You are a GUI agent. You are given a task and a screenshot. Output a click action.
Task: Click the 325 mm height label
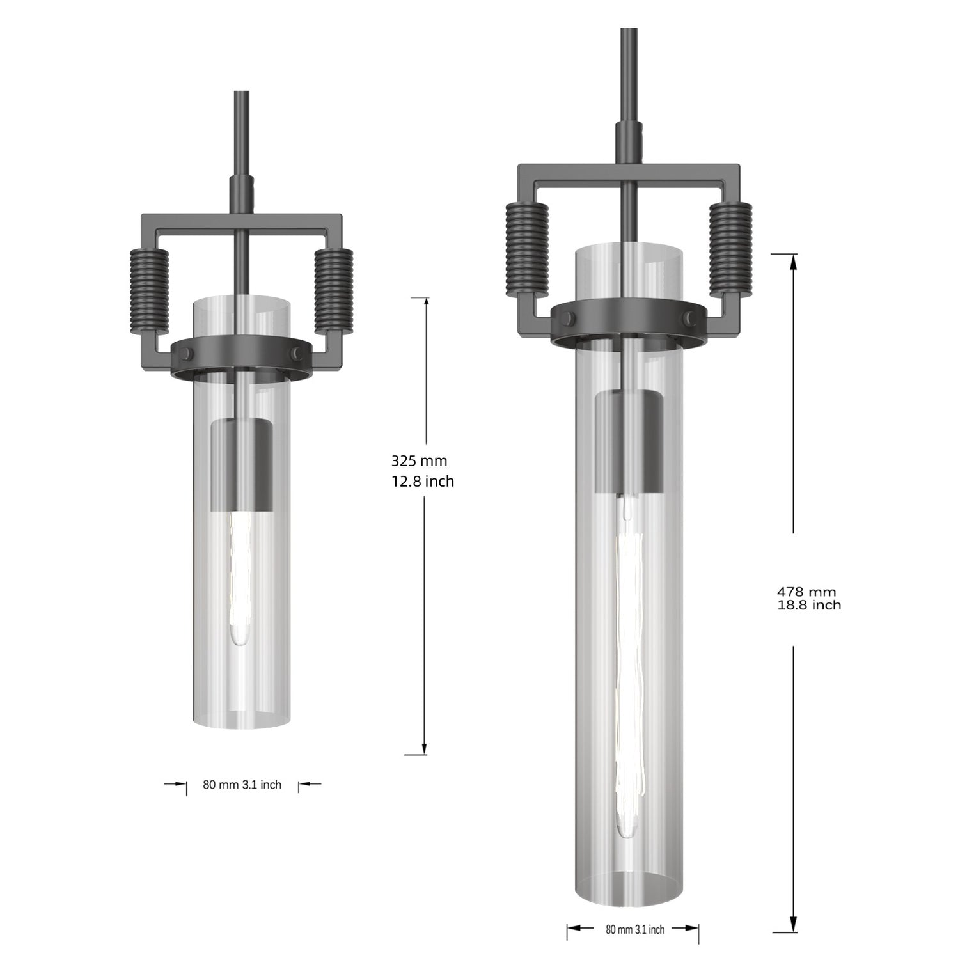(419, 460)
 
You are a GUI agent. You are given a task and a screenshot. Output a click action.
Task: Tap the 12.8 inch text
(422, 482)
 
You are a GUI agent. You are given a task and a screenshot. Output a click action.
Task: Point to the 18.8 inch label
(808, 605)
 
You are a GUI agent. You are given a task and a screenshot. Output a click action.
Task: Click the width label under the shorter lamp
(242, 785)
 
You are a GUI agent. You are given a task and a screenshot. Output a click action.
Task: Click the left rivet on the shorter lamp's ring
(189, 352)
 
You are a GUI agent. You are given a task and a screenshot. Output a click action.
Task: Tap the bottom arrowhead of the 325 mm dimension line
(424, 748)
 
